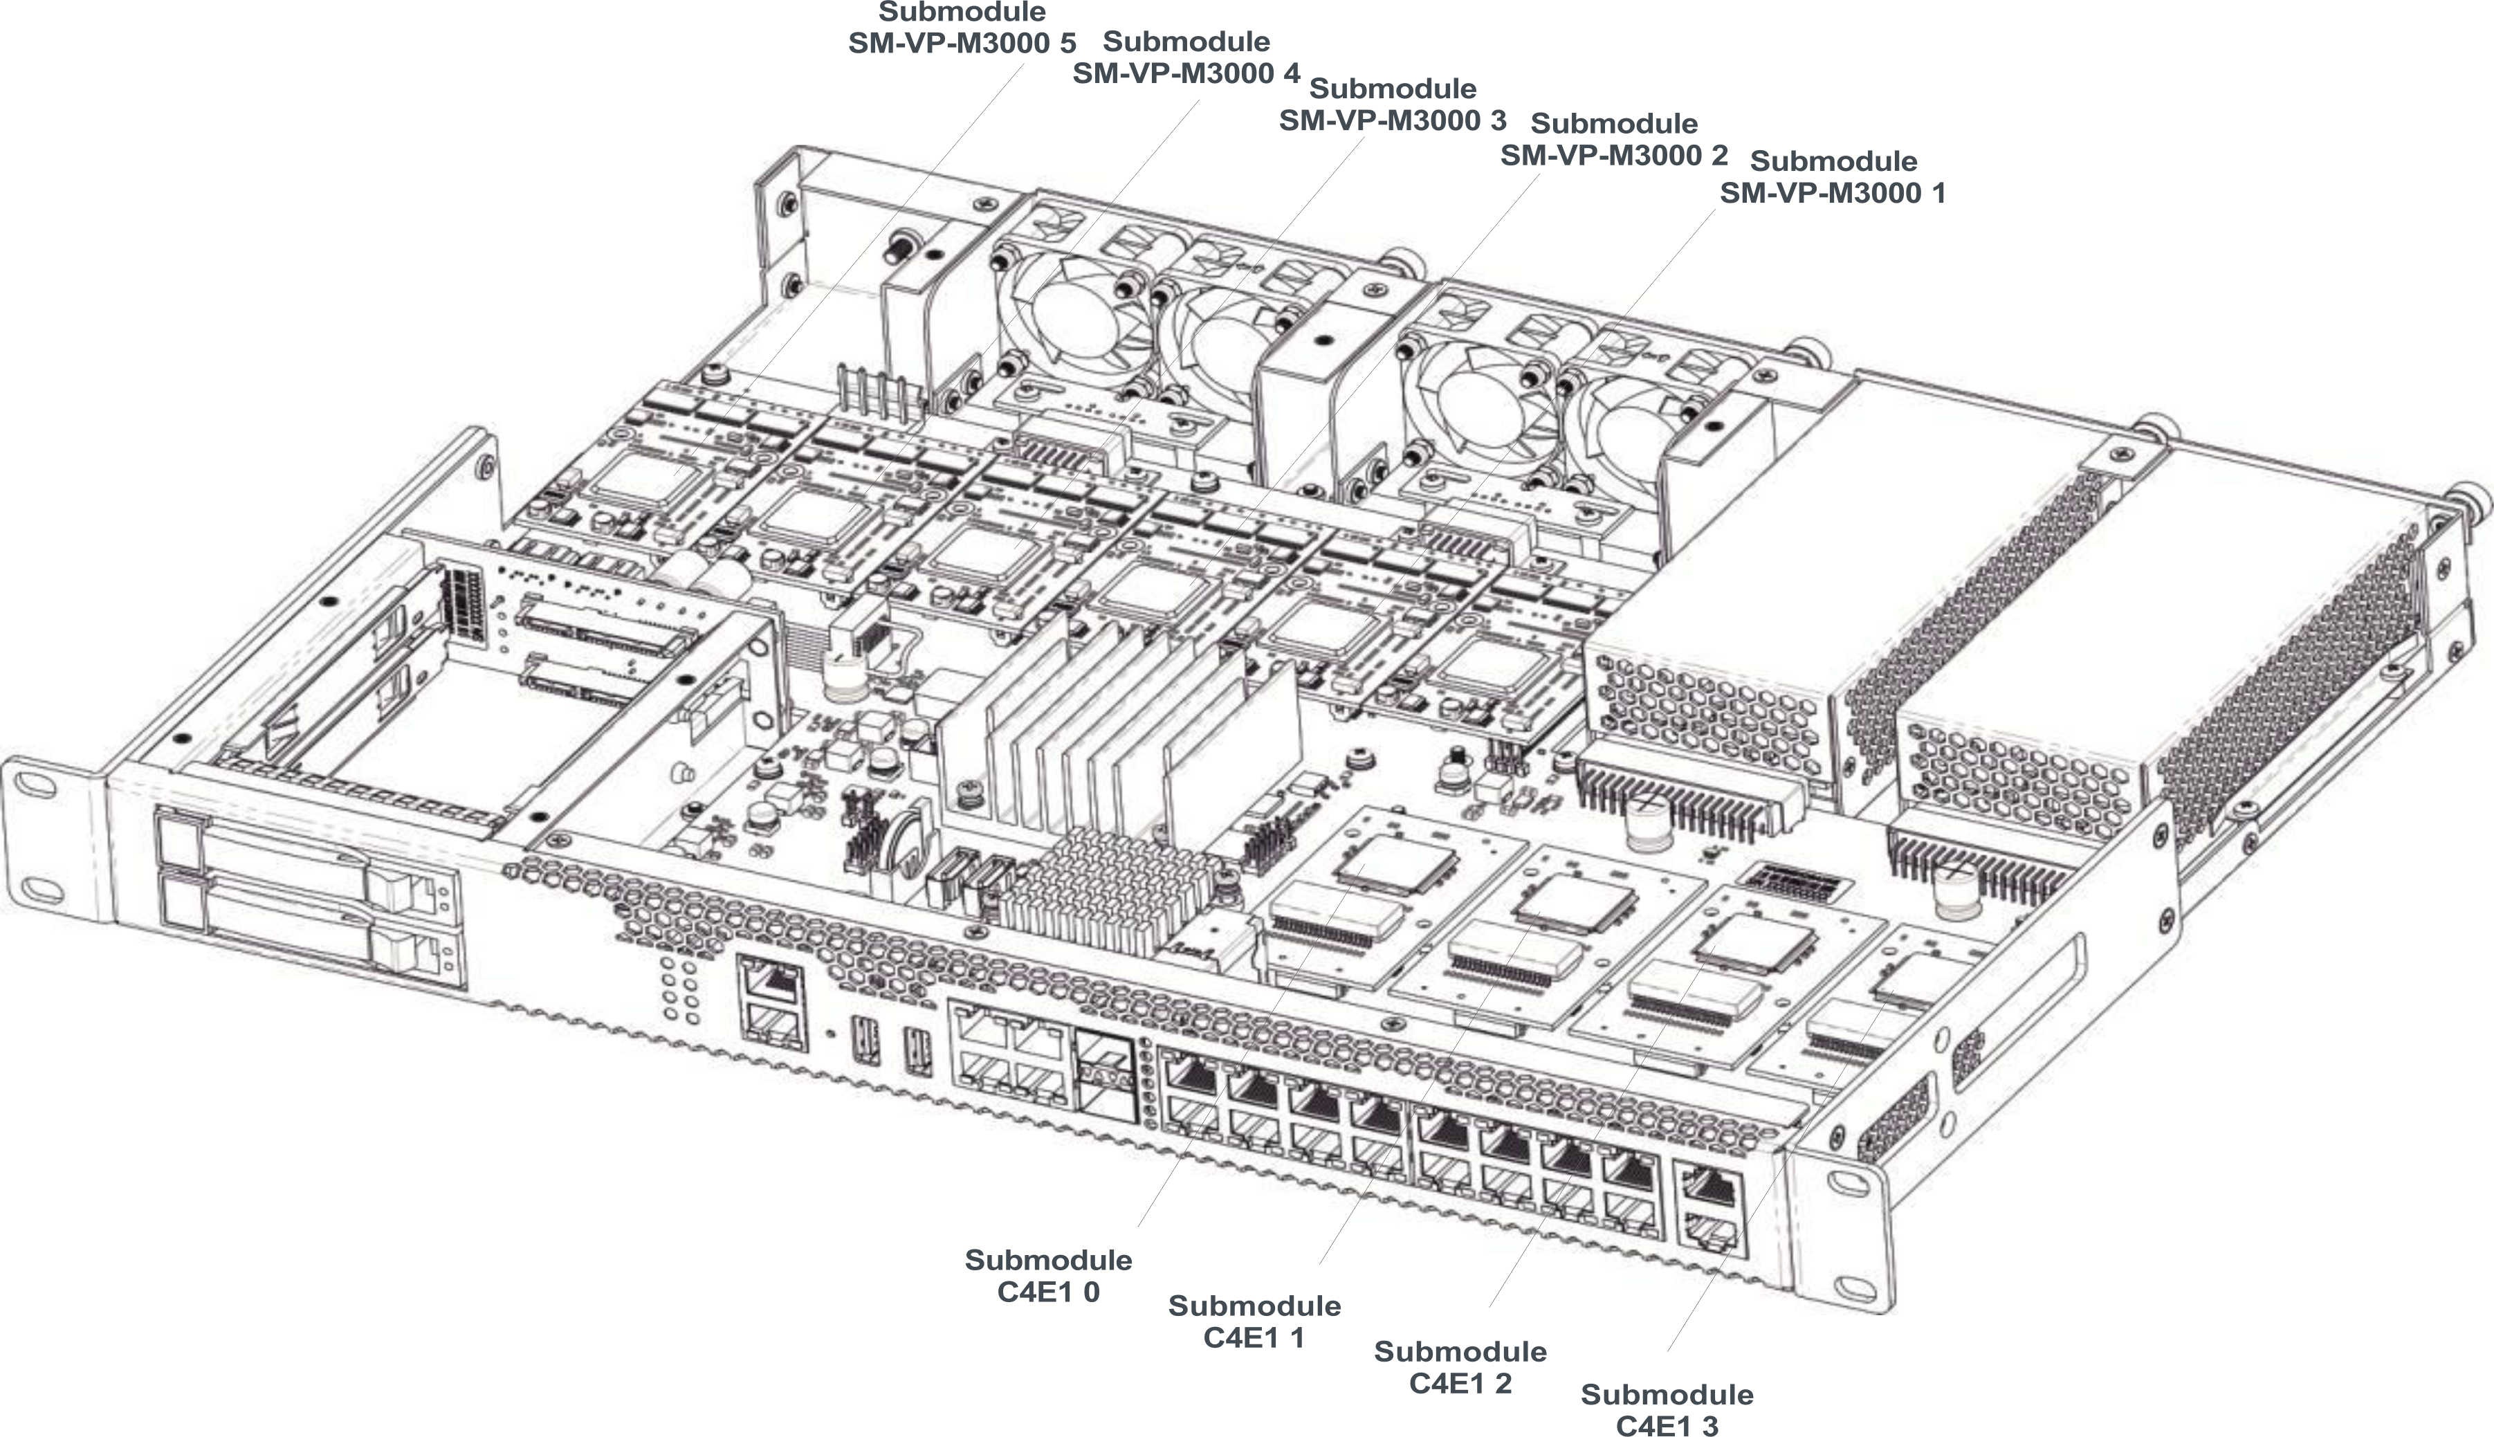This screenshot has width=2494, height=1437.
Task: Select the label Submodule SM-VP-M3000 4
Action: tap(1186, 58)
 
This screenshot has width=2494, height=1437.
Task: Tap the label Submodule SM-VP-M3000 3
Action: tap(1392, 104)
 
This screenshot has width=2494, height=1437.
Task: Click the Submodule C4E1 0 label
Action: tap(1047, 1276)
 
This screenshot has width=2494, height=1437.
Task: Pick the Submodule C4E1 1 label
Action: tap(1254, 1321)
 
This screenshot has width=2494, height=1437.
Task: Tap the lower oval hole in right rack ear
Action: tap(1855, 1289)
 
